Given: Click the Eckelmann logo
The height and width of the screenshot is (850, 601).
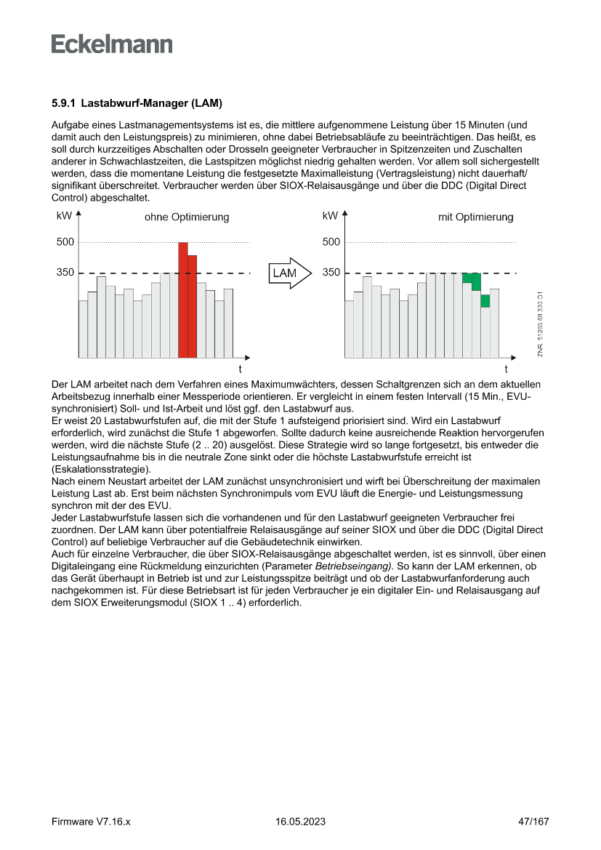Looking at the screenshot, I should (112, 44).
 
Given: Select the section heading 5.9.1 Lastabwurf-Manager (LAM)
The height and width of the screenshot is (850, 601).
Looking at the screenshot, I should (137, 103).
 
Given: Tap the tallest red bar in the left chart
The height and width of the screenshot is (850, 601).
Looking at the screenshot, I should (183, 300).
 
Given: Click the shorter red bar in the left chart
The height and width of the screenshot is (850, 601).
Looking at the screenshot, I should (193, 306).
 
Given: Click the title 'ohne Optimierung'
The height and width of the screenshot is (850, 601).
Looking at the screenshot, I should (187, 217).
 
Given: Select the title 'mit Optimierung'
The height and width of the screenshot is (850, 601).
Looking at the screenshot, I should (475, 217).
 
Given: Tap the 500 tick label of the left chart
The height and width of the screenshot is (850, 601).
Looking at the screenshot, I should (65, 242).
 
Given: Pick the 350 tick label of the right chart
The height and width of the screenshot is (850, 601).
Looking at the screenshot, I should (331, 273).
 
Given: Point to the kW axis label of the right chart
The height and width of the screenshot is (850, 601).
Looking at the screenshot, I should (330, 216).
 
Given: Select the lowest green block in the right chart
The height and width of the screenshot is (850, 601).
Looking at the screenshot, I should (485, 300).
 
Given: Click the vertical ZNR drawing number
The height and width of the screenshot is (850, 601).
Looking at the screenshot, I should (541, 324).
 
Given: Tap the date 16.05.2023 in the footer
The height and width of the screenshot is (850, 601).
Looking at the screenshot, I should (301, 822).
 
